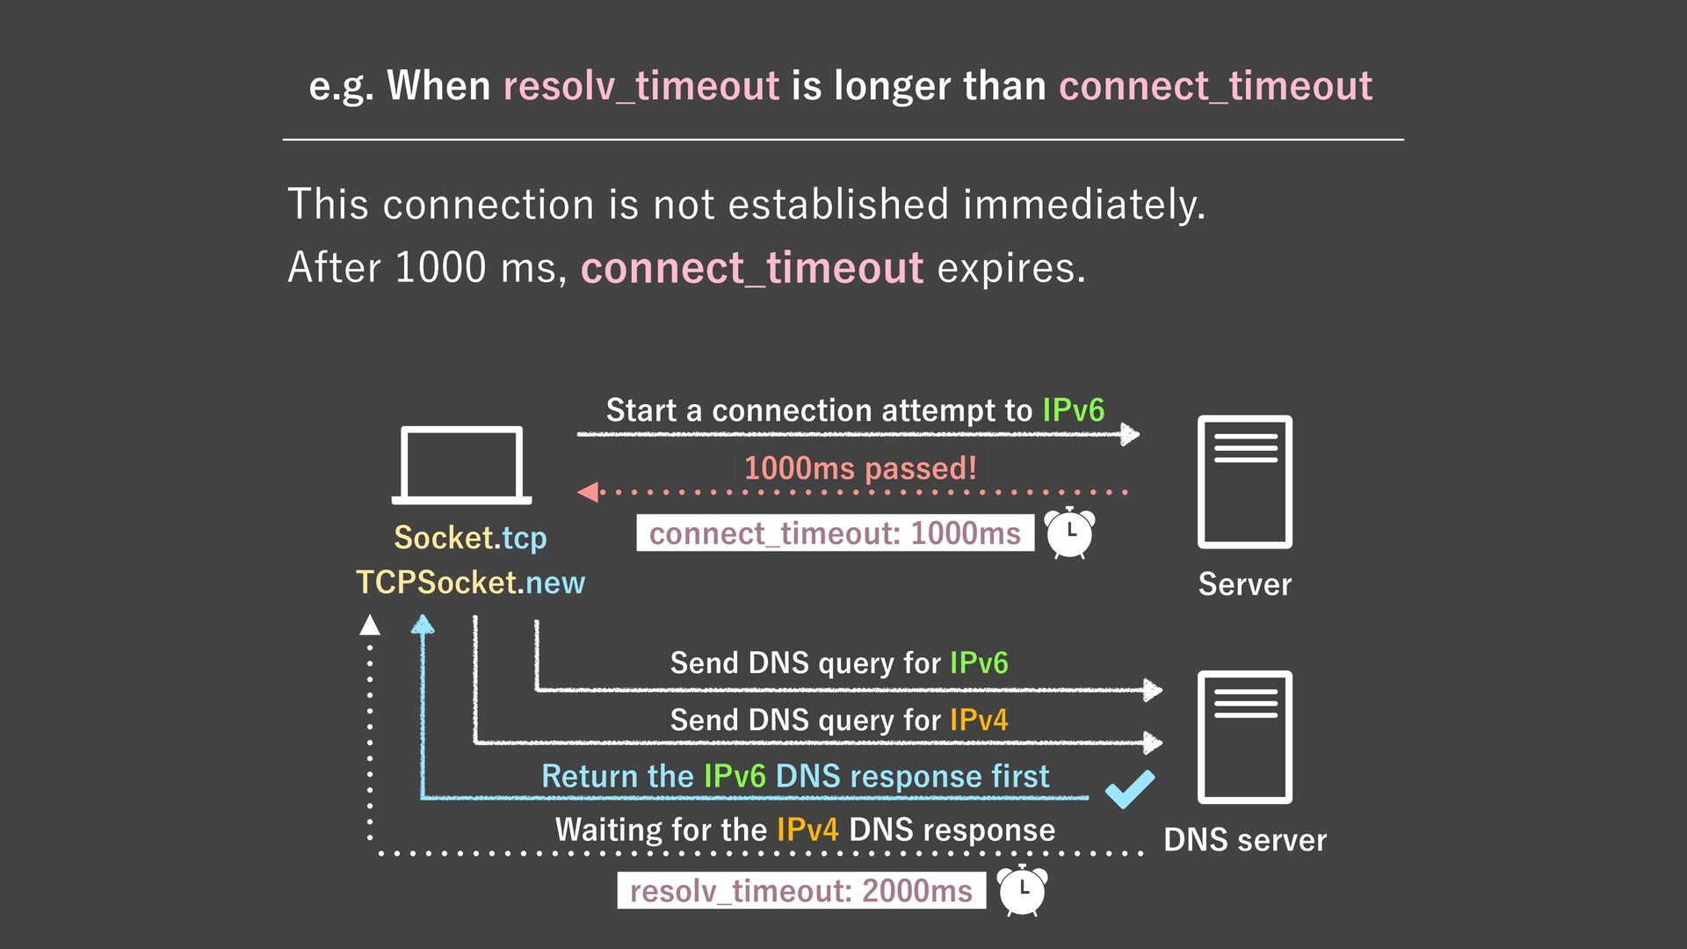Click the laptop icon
pyautogui.click(x=461, y=464)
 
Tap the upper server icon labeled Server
pyautogui.click(x=1244, y=482)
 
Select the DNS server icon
pyautogui.click(x=1244, y=736)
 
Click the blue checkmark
pyautogui.click(x=1130, y=788)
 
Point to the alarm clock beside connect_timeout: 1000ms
pyautogui.click(x=1069, y=532)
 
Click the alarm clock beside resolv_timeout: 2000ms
pyautogui.click(x=1023, y=890)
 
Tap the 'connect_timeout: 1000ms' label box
pyautogui.click(x=835, y=533)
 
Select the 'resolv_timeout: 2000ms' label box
pyautogui.click(x=800, y=891)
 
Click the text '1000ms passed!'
pyautogui.click(x=860, y=467)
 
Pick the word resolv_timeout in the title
pyautogui.click(x=641, y=86)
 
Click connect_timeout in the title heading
pyautogui.click(x=1215, y=86)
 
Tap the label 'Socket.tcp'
pyautogui.click(x=470, y=537)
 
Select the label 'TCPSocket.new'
pyautogui.click(x=470, y=582)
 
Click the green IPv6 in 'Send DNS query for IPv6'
pyautogui.click(x=979, y=663)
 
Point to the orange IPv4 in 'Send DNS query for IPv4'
pyautogui.click(x=979, y=720)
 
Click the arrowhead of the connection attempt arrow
pyautogui.click(x=1131, y=434)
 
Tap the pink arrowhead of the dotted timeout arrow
pyautogui.click(x=588, y=492)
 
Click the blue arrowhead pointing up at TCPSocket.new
pyautogui.click(x=423, y=625)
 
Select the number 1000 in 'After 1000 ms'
pyautogui.click(x=440, y=267)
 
